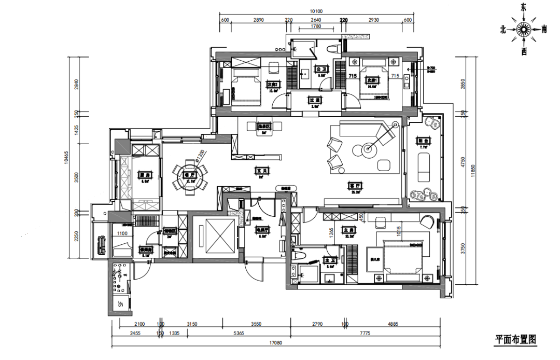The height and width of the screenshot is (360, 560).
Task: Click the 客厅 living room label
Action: (355, 185)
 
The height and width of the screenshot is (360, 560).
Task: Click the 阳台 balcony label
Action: (423, 140)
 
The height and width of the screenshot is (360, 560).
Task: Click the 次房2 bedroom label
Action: (273, 84)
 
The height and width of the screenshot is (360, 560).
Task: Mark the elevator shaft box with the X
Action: (214, 236)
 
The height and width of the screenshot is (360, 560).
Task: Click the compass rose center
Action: (523, 29)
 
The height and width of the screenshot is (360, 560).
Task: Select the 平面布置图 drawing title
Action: (515, 340)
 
